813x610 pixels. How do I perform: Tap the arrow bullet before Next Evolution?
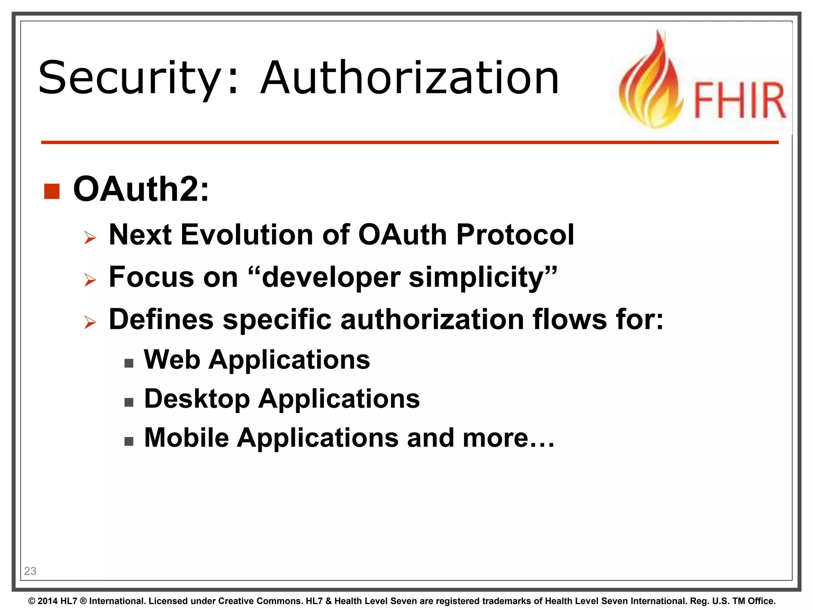point(90,238)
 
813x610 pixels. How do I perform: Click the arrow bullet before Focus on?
point(90,280)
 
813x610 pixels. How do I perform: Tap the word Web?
point(172,359)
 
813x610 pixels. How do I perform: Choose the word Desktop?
point(197,399)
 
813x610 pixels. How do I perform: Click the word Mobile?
point(187,438)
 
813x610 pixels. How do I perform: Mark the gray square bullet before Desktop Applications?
point(129,402)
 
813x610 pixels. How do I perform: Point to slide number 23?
point(30,571)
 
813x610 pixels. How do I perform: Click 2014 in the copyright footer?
point(48,601)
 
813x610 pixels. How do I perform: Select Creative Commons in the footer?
point(260,601)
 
